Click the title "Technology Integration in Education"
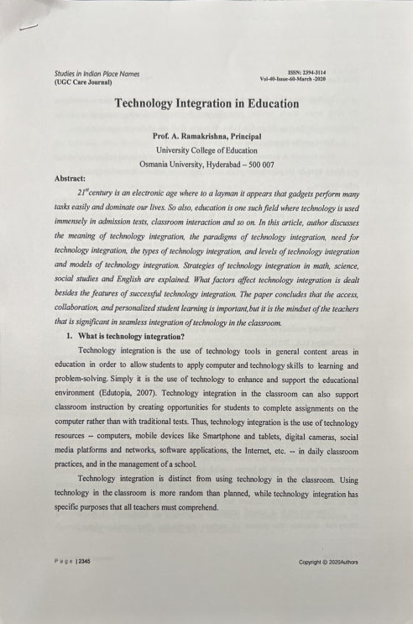tap(206, 104)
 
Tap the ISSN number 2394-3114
tap(311, 72)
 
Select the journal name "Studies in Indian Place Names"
tap(97, 74)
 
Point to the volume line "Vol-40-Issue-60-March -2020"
tap(295, 79)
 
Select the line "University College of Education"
tap(206, 149)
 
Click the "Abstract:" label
tap(71, 177)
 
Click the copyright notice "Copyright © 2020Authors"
tap(328, 562)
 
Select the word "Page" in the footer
tap(62, 562)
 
